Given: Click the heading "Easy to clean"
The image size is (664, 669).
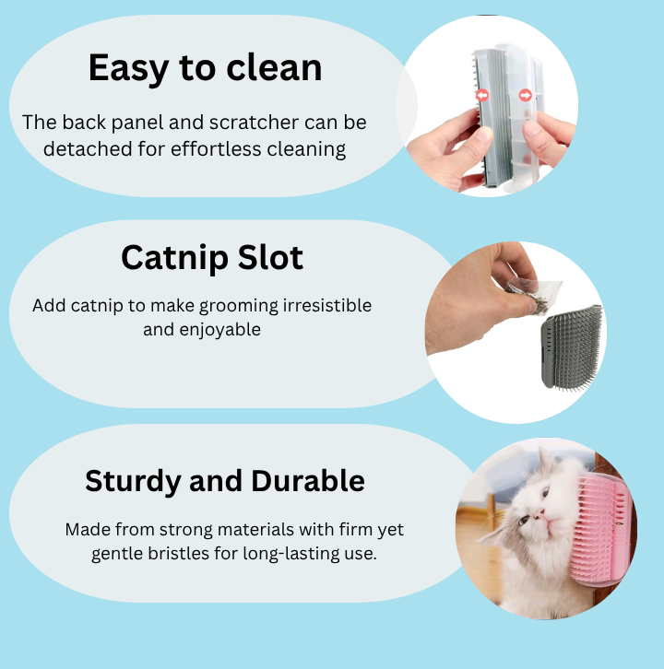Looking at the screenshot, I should click(x=205, y=68).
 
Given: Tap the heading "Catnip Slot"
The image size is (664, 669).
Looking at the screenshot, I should click(x=212, y=258).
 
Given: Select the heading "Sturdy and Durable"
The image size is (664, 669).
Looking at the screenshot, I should click(x=225, y=480).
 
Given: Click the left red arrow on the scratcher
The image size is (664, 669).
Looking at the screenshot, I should click(x=480, y=95).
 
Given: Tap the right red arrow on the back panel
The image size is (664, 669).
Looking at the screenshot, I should click(x=525, y=94).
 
